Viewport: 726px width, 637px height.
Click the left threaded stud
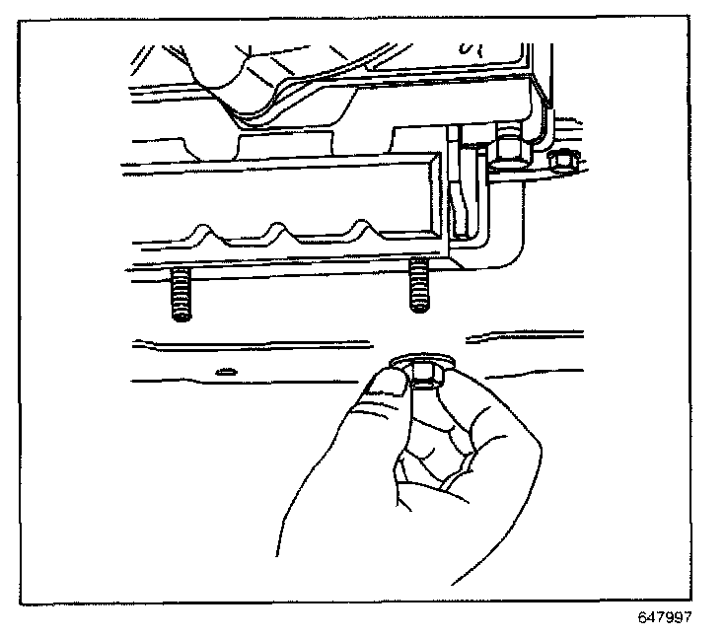(180, 294)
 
